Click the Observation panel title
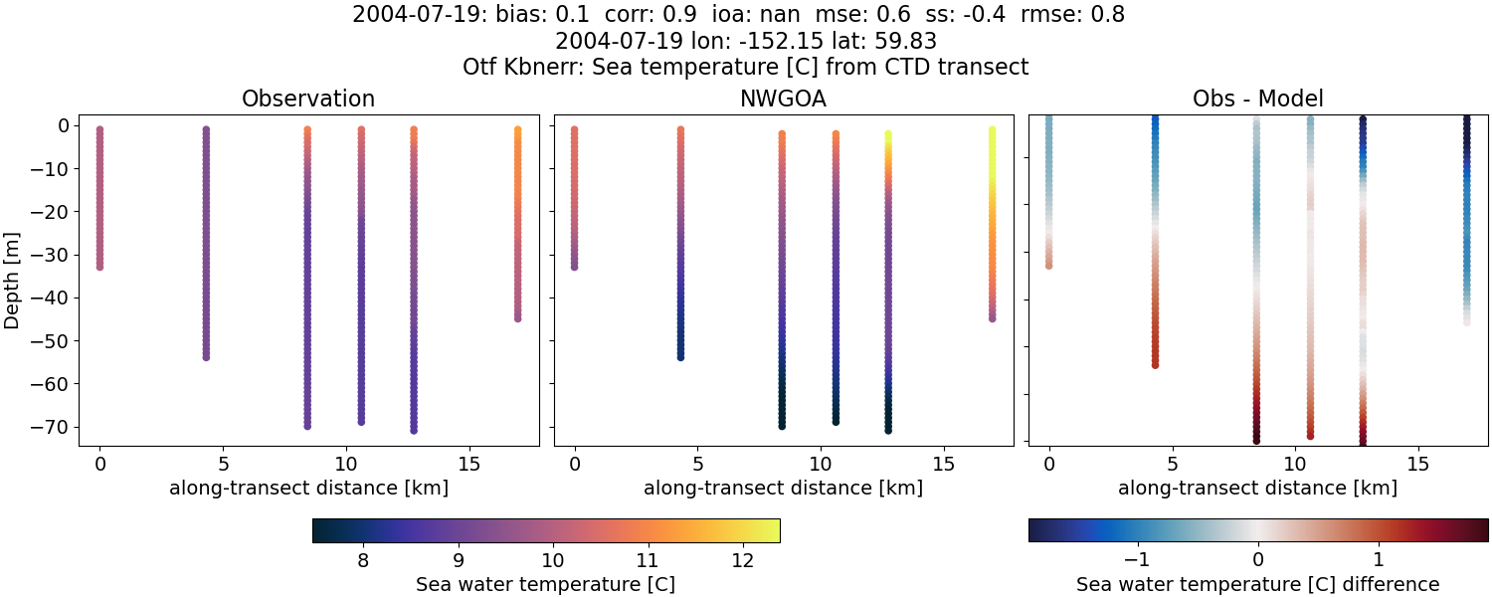tap(308, 99)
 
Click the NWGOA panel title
tap(783, 99)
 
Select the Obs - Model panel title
tap(1257, 99)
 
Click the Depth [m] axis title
tap(13, 277)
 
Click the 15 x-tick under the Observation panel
tap(468, 465)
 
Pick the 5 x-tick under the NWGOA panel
tap(698, 465)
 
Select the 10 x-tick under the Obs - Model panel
tap(1295, 465)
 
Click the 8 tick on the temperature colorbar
tap(363, 560)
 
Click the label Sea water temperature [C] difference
tap(1257, 584)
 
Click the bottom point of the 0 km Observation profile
tap(99, 267)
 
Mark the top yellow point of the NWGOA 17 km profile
tap(992, 130)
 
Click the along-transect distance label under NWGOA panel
tap(783, 489)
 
